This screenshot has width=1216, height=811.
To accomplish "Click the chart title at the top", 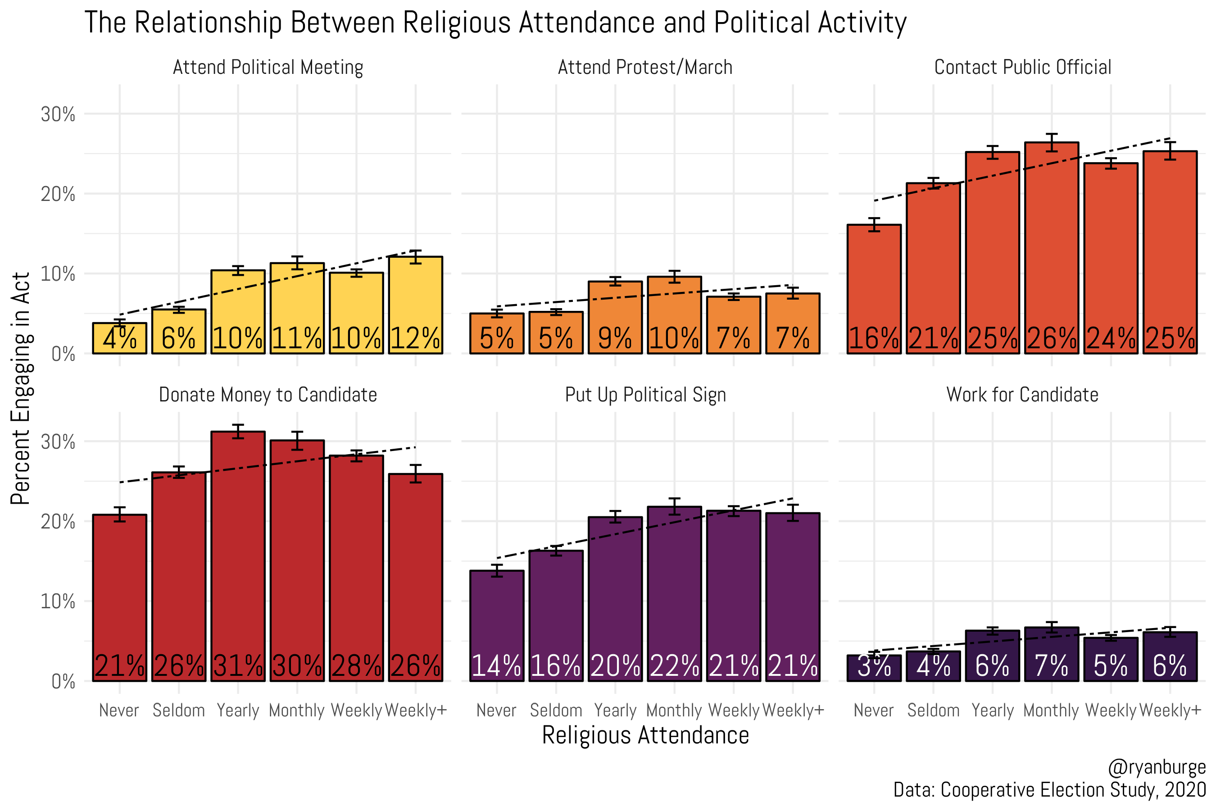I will pyautogui.click(x=495, y=23).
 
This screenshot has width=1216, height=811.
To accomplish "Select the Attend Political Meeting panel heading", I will pyautogui.click(x=268, y=67).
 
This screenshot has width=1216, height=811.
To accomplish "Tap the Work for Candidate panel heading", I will pyautogui.click(x=1022, y=395).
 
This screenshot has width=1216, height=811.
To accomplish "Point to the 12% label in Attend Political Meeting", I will pyautogui.click(x=415, y=338).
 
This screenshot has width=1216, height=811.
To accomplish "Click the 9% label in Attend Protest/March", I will pyautogui.click(x=615, y=338).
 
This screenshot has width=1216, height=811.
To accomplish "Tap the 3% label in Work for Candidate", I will pyautogui.click(x=874, y=666).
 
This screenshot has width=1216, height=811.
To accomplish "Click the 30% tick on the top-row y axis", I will pyautogui.click(x=58, y=114).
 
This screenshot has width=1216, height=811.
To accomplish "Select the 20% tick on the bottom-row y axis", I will pyautogui.click(x=58, y=522).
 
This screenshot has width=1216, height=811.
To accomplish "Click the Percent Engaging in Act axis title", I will pyautogui.click(x=21, y=389).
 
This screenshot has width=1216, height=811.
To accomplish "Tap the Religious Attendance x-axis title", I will pyautogui.click(x=645, y=735).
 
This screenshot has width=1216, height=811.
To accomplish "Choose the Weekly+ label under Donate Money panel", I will pyautogui.click(x=416, y=711).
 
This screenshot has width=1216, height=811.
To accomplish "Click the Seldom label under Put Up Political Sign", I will pyautogui.click(x=556, y=711).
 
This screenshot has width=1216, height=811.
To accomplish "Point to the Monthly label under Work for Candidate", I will pyautogui.click(x=1051, y=711).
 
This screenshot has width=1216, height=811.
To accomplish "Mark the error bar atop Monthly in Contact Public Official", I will pyautogui.click(x=1052, y=142).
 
